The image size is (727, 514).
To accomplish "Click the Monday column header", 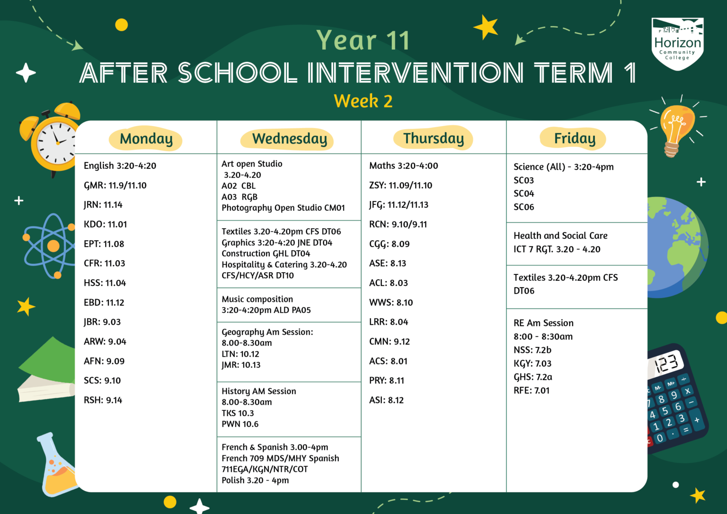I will (146, 139).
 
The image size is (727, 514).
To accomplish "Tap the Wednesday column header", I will (289, 139).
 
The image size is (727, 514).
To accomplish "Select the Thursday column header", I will (434, 138).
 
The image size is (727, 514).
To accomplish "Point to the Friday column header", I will (575, 138).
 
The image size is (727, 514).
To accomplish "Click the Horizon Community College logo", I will (677, 44).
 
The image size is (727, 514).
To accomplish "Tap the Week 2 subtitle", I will (363, 101).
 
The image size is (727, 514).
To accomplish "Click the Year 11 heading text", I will (363, 40).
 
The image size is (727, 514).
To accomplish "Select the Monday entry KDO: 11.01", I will (106, 224).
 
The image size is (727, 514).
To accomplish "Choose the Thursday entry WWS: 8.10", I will (391, 302).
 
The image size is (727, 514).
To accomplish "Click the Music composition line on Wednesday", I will (257, 299).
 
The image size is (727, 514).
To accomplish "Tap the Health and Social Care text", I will (560, 236).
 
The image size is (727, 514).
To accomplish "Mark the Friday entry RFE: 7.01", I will (532, 390).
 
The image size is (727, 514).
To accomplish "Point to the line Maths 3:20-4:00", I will (403, 166).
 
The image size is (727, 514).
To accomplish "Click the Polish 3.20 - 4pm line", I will (255, 480).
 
